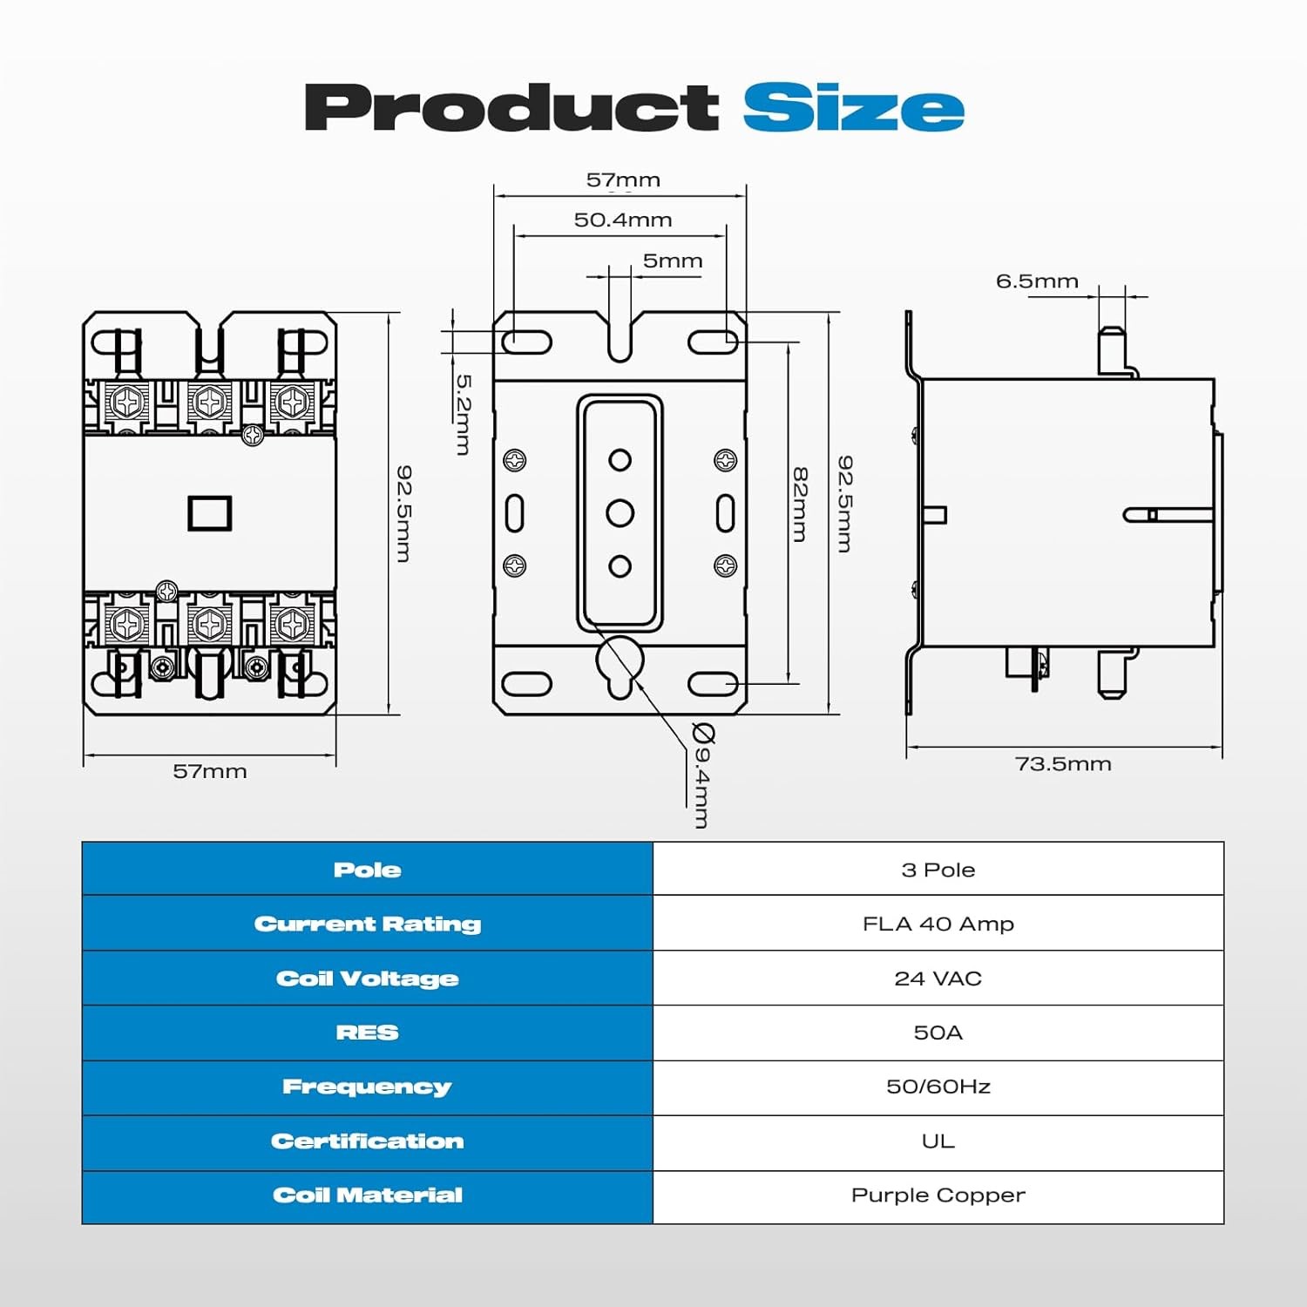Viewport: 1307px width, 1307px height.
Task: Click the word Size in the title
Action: click(854, 108)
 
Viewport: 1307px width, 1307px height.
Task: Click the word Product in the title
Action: click(511, 107)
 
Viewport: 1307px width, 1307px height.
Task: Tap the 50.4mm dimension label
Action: click(623, 220)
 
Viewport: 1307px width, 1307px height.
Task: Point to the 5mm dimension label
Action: click(673, 261)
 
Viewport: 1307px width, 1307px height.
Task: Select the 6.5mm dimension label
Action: click(1037, 281)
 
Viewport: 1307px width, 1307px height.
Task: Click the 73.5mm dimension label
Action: click(1063, 764)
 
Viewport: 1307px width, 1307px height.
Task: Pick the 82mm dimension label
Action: click(801, 505)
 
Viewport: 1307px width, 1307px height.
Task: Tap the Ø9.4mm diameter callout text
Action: click(702, 775)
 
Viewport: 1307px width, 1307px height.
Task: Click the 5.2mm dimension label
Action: click(464, 414)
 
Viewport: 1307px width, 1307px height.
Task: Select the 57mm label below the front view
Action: click(210, 771)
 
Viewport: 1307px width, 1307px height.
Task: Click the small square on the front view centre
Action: click(210, 513)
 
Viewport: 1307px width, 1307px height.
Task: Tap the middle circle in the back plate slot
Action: click(620, 512)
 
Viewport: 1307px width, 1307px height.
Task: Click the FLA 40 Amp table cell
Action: click(938, 924)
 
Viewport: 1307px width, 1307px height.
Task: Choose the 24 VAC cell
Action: click(938, 979)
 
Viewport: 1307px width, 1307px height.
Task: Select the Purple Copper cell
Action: click(938, 1195)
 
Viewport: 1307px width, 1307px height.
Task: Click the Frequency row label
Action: click(367, 1087)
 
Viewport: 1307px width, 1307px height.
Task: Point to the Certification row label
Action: click(367, 1141)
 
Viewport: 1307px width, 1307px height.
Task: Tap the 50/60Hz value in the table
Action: click(938, 1087)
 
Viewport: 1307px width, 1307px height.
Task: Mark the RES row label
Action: click(367, 1033)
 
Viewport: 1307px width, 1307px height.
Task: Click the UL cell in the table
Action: click(938, 1141)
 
